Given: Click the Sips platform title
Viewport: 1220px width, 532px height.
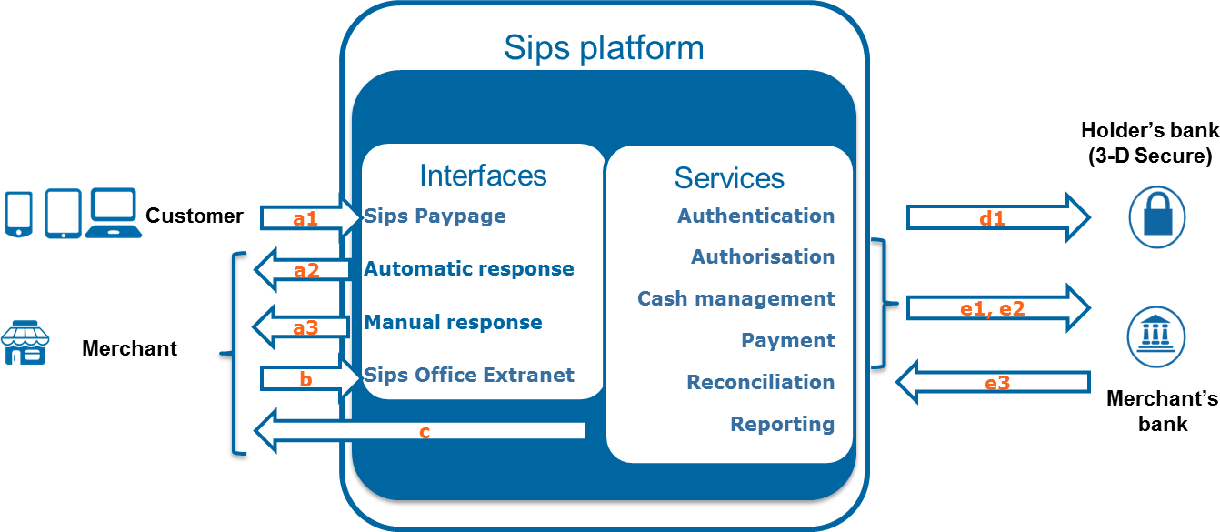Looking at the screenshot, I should coord(604,47).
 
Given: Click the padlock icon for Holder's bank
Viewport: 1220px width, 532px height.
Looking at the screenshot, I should coord(1156,218).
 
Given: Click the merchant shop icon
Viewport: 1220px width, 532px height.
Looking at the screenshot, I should coord(25,344).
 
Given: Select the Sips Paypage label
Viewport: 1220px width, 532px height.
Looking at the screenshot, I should coord(435,216).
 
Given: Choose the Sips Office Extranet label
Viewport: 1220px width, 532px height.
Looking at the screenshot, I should coord(469,375).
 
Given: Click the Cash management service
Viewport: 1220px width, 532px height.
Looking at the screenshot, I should coord(735,299).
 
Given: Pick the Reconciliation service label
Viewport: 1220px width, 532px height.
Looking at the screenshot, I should coord(760,383).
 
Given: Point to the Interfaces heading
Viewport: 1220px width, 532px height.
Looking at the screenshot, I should coord(483,175).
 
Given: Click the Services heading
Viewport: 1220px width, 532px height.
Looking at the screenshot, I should coord(729,177).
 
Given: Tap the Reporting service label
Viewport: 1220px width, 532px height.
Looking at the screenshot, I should coord(782,424).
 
